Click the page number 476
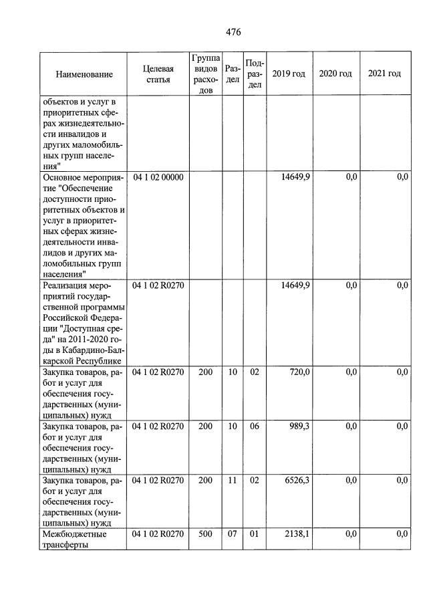233,32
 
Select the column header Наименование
84,74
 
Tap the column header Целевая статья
158,74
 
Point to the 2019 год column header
289,74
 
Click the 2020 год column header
335,74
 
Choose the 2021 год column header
384,74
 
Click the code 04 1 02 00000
158,177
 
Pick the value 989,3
297,427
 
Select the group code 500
205,533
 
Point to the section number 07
232,533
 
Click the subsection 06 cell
254,427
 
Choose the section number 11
232,481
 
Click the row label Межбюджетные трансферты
74,539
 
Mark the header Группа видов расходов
205,74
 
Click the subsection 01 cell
254,533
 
